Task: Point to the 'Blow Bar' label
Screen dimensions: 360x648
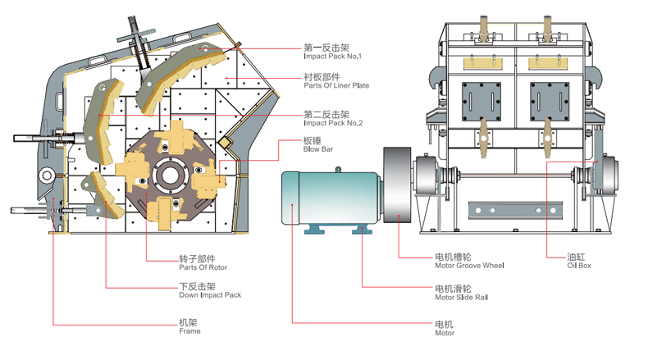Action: click(x=316, y=150)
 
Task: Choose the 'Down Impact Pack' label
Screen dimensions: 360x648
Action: click(x=210, y=294)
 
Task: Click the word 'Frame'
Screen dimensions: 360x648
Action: click(x=189, y=331)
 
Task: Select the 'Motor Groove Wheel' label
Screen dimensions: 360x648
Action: click(x=469, y=266)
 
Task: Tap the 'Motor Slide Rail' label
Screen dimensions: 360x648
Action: click(x=461, y=298)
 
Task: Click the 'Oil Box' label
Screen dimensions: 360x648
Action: click(x=578, y=266)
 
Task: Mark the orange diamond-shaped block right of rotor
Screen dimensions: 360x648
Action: click(x=225, y=144)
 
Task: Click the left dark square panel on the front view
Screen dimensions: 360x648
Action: click(x=480, y=102)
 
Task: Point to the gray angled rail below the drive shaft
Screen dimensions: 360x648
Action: click(x=506, y=211)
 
